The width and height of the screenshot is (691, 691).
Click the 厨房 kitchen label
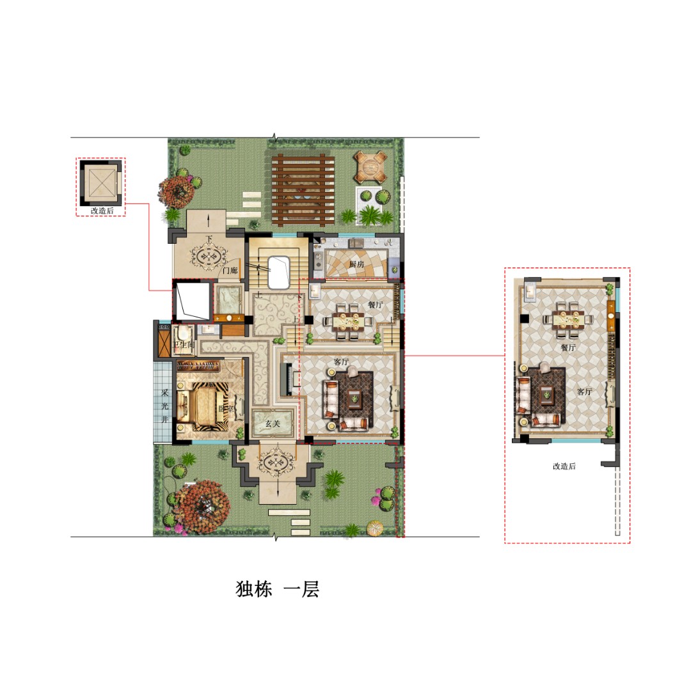coord(357,264)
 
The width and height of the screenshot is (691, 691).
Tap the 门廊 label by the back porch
coord(229,271)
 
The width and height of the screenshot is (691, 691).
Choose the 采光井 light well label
coord(164,406)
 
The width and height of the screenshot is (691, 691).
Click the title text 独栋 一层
coord(277,589)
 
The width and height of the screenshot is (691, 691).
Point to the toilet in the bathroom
coord(185,333)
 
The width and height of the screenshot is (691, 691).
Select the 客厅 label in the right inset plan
coord(584,392)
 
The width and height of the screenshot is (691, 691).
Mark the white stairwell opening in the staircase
coord(280,273)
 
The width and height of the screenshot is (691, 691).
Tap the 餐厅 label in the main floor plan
coord(375,305)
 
